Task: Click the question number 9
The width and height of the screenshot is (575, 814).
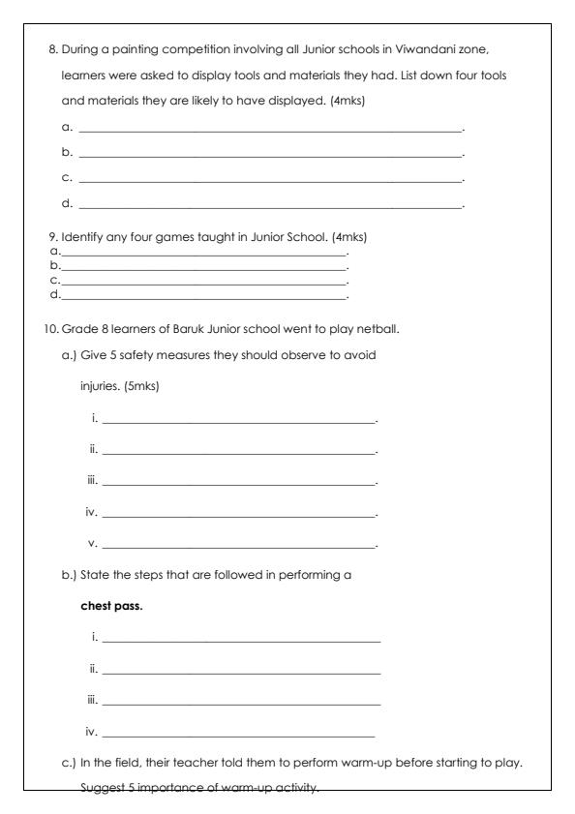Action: tap(52, 238)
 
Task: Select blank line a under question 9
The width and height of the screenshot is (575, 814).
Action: tap(203, 253)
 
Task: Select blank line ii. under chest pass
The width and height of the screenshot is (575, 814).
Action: tap(241, 671)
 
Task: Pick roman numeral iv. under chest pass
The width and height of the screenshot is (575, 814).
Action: tap(93, 733)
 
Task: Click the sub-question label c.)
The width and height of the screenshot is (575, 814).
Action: tap(68, 764)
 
